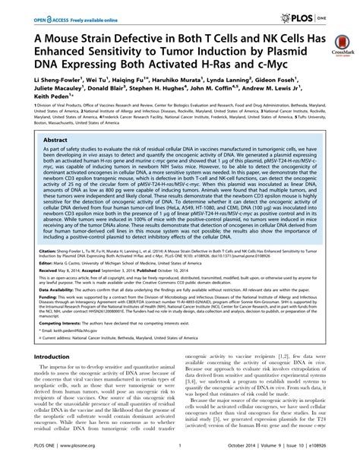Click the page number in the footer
click(x=179, y=455)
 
